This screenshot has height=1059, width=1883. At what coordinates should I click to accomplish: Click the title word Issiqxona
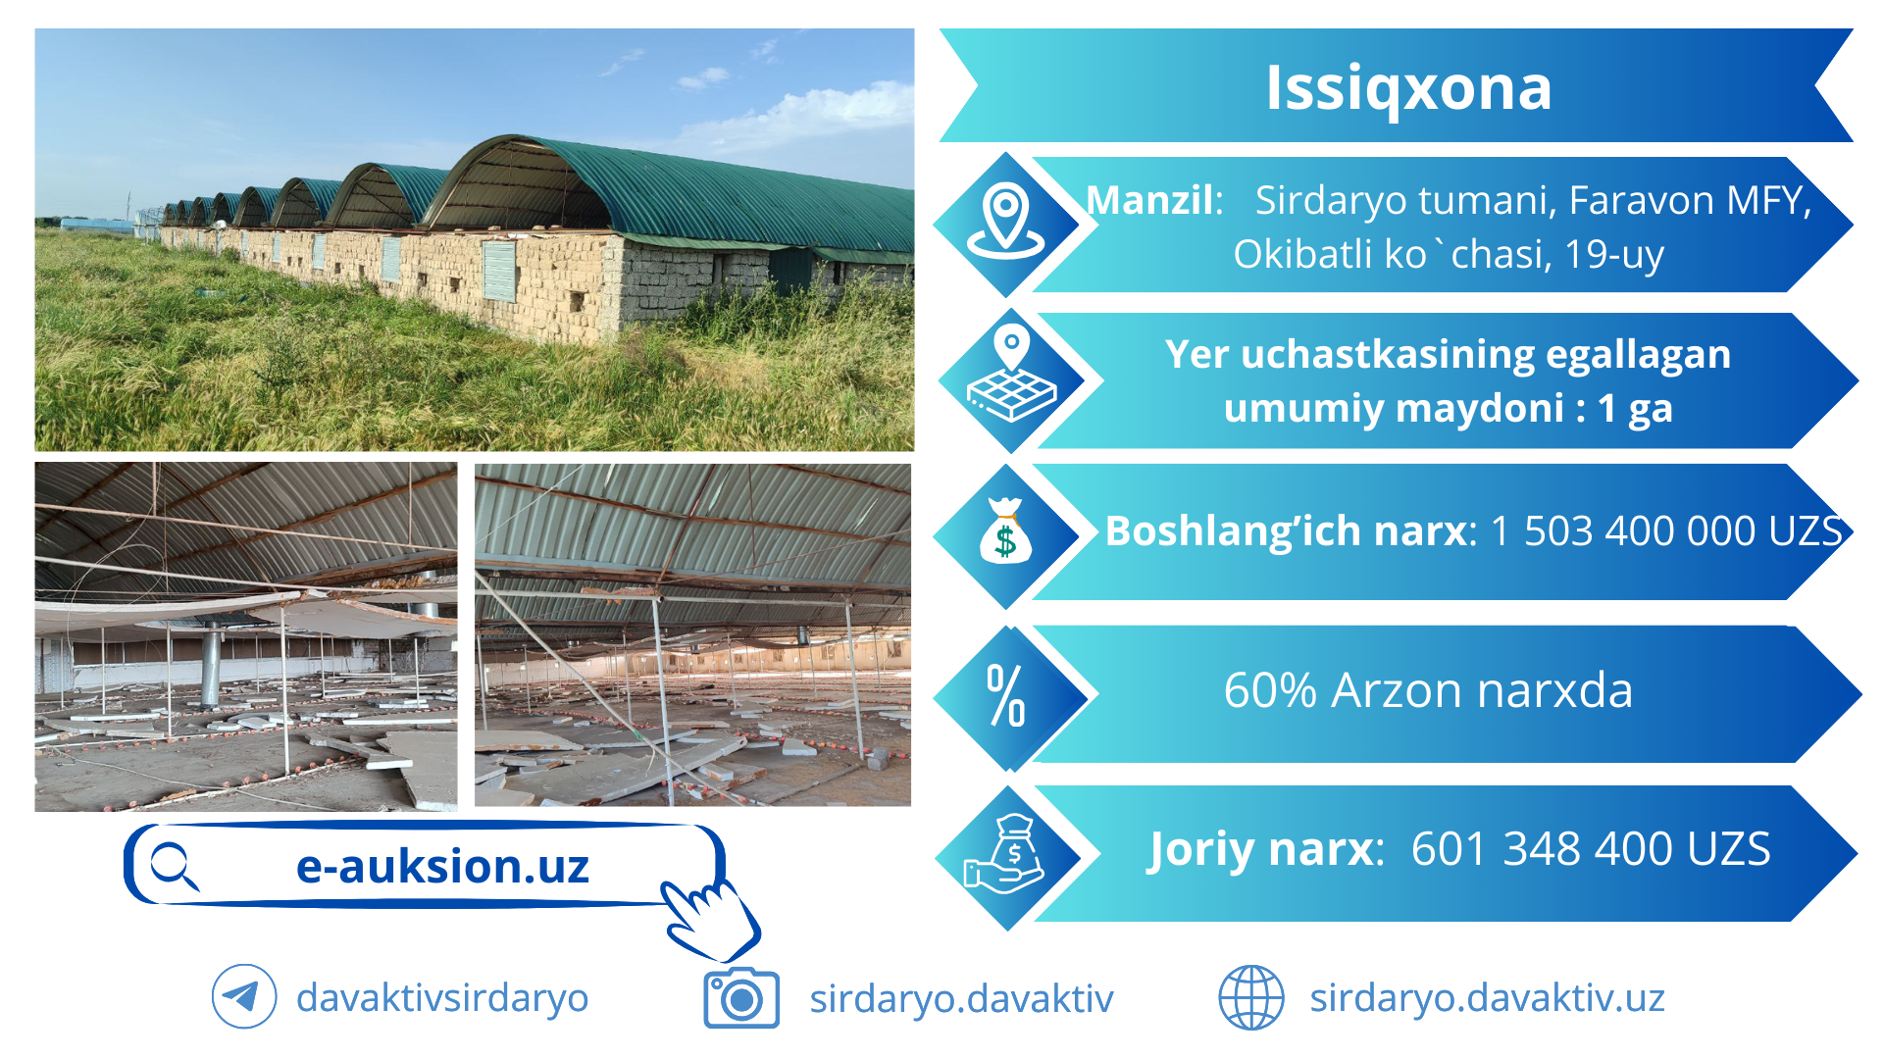coord(1408,89)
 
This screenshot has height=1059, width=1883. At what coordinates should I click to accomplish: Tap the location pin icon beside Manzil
coord(1006,221)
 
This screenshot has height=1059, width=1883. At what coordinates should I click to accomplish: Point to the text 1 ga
coord(1635,408)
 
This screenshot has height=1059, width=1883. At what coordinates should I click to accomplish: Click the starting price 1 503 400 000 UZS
coord(1666,530)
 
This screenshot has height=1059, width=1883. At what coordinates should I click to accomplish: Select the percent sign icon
coord(1006,695)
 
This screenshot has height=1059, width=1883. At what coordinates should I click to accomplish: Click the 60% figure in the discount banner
coord(1270,690)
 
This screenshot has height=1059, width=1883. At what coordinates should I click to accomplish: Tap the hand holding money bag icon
coord(1005,854)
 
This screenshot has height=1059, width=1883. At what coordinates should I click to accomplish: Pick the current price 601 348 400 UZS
coord(1591,849)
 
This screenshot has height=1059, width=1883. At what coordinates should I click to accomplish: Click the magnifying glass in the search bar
coord(175,867)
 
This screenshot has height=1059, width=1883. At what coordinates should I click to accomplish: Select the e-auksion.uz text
coord(442,866)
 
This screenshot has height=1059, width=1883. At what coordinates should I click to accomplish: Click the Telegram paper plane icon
coord(243,997)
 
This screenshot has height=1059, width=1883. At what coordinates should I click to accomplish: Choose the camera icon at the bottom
coord(741,998)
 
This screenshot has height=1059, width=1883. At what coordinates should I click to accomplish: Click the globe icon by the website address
coord(1251,997)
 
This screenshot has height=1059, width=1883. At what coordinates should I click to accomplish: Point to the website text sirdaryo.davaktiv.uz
coord(1487,998)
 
